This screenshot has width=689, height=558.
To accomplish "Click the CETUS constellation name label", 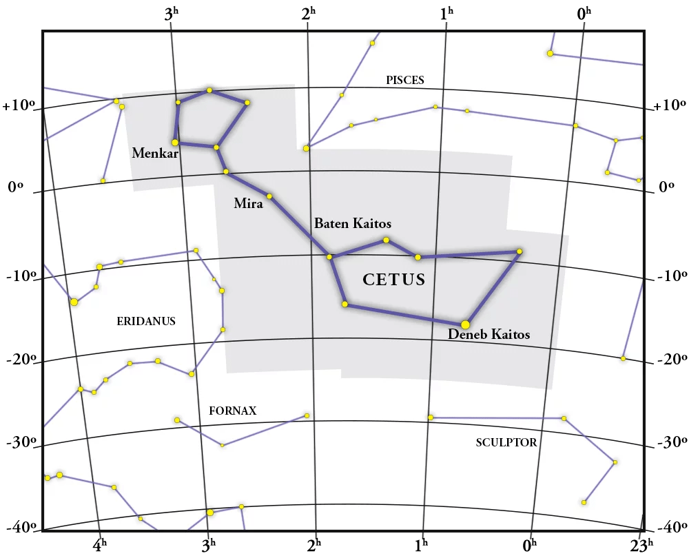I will coord(394,280).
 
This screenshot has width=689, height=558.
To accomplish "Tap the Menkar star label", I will coord(155,154).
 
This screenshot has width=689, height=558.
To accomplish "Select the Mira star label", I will coord(248,204).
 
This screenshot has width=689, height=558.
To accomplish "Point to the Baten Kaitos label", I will coord(353,224).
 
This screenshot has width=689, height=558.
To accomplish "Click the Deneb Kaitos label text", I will coord(489,335).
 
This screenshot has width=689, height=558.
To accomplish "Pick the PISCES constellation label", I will coord(405,81).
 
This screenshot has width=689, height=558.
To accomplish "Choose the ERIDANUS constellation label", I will coord(146,321).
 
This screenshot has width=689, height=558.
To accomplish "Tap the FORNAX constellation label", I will coord(232,411).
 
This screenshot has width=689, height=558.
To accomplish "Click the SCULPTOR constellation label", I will coord(506,443).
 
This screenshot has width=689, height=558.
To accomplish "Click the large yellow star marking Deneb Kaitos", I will coord(465,324).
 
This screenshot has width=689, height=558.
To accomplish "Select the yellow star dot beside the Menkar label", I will coord(175,143).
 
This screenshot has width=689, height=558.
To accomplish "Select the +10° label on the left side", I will coord(18,107).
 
